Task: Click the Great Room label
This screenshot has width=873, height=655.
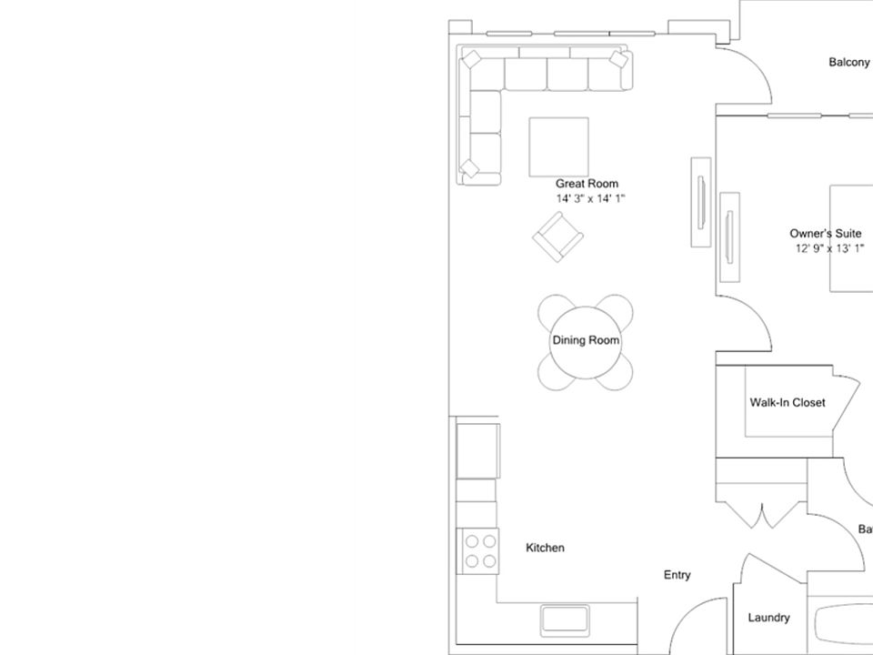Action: click(587, 184)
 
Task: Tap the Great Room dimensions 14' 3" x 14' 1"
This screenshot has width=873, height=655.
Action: click(591, 198)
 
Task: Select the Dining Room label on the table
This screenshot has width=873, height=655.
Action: click(586, 340)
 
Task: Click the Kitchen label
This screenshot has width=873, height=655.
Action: click(546, 548)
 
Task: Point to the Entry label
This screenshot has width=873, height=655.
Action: click(677, 575)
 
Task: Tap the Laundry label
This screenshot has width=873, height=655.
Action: click(768, 619)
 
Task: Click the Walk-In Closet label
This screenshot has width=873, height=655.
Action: click(788, 402)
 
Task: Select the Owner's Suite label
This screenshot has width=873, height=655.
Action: click(825, 234)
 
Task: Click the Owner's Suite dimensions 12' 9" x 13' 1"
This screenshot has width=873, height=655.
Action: click(828, 247)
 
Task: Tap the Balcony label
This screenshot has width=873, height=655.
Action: click(848, 63)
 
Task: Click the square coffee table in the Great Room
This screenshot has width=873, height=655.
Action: click(558, 146)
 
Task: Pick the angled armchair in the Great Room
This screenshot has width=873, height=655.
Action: click(557, 237)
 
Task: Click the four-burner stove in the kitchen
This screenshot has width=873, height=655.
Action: click(481, 551)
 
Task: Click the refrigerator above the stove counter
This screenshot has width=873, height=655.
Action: click(477, 449)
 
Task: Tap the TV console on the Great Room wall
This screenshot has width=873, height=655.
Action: click(700, 201)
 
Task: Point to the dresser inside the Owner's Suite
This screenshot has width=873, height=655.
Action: click(729, 237)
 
